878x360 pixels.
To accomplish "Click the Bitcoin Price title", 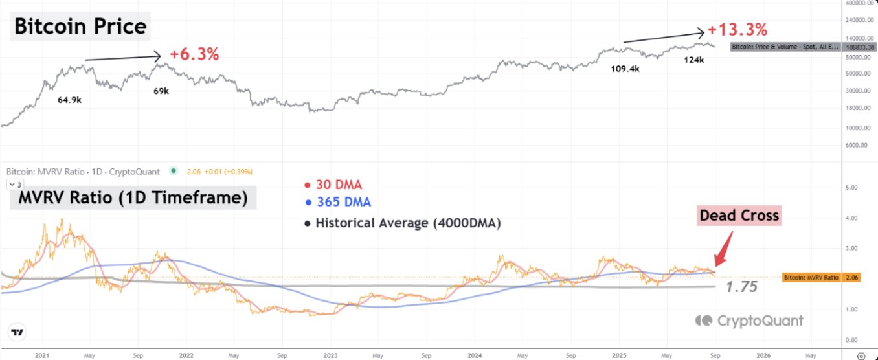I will point(80,27).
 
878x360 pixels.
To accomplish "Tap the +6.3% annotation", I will point(194,54).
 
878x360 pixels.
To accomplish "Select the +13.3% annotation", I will point(737,30).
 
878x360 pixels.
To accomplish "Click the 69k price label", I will point(161,91).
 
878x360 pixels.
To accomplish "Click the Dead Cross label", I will point(739,216).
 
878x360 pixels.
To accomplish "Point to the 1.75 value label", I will point(741,287).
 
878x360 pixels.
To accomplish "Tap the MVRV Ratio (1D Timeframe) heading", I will point(133,197).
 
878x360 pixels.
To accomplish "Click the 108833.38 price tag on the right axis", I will point(785,47).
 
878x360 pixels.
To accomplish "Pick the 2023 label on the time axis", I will point(330,355).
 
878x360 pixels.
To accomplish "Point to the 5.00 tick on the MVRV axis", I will point(852,188).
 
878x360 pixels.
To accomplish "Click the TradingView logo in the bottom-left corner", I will point(18,333).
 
